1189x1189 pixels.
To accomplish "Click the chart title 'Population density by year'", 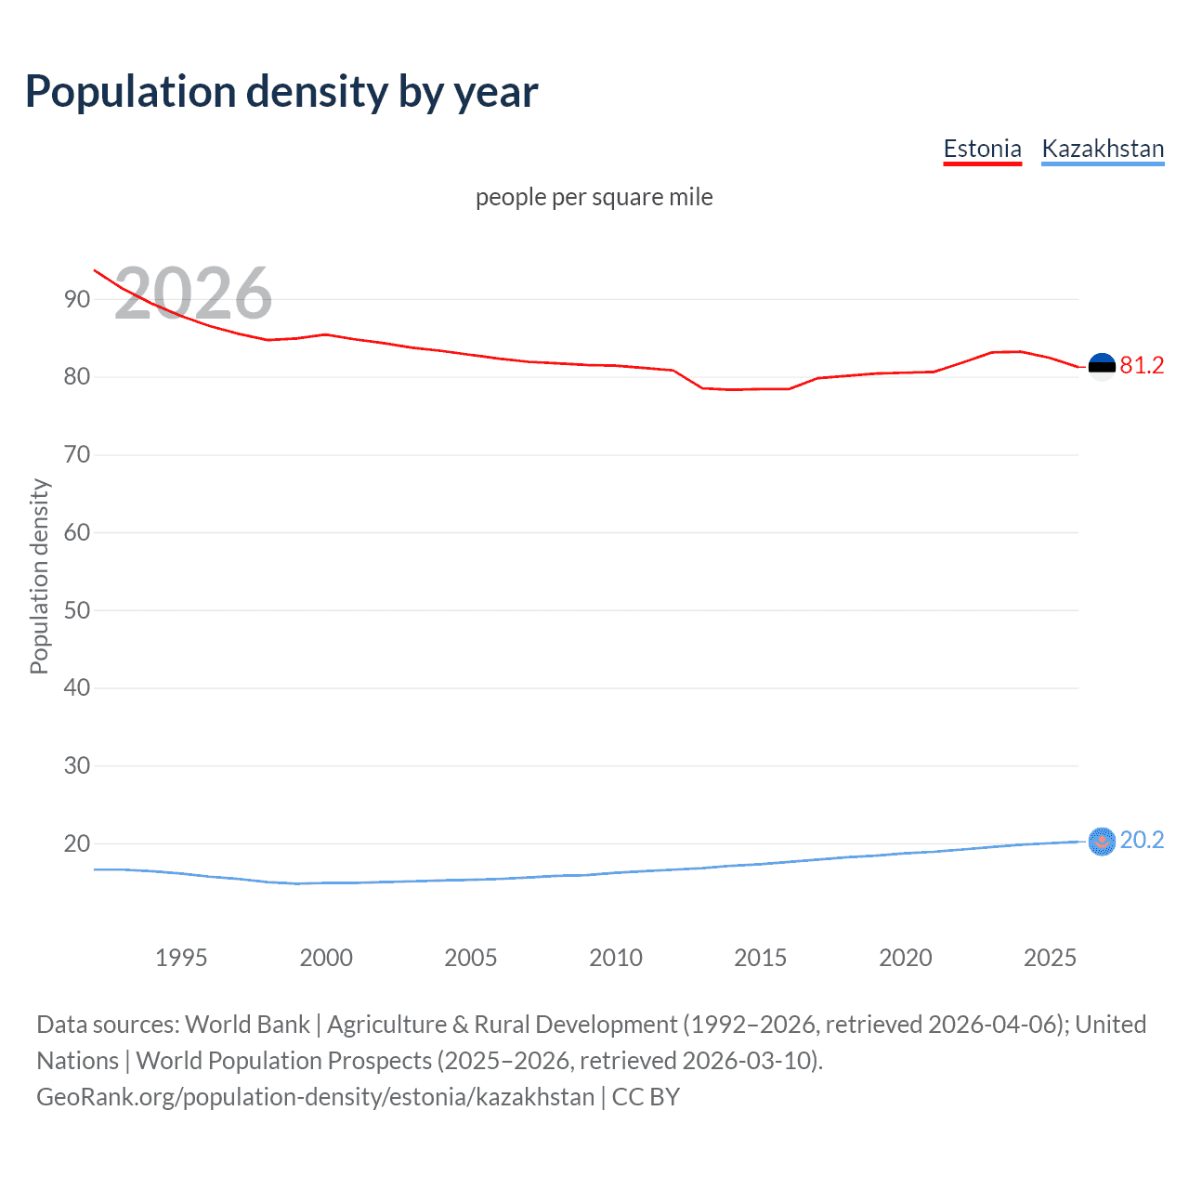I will coord(281,92).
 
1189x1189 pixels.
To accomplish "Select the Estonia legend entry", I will coord(982,149).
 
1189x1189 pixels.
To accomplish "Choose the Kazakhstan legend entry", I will coord(1103,149).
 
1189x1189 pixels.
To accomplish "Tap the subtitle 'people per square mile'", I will coord(594,197).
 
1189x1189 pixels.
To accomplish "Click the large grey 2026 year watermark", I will coord(193,294).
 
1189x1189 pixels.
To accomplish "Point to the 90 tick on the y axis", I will coord(77,299).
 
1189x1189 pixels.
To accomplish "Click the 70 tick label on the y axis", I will coord(77,455).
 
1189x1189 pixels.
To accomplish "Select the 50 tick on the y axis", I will coord(77,610).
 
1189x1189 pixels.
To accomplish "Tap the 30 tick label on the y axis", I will coord(77,766).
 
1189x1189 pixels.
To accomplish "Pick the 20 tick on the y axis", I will coord(77,844).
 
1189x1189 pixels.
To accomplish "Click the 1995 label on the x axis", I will coord(181,958).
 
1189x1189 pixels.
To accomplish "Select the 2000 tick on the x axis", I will coord(326,958).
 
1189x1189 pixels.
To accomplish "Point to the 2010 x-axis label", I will coord(616,958).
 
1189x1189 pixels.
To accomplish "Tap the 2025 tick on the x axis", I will coord(1050,958).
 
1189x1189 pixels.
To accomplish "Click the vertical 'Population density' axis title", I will coord(39,576).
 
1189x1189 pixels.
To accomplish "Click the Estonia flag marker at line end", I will coord(1102,367).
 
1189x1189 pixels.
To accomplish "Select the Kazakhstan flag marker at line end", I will coord(1102,842).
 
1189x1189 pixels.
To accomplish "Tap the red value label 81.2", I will coord(1142,366).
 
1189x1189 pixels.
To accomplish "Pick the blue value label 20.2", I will coord(1142,841).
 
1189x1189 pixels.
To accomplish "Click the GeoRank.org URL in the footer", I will coord(316,1097).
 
